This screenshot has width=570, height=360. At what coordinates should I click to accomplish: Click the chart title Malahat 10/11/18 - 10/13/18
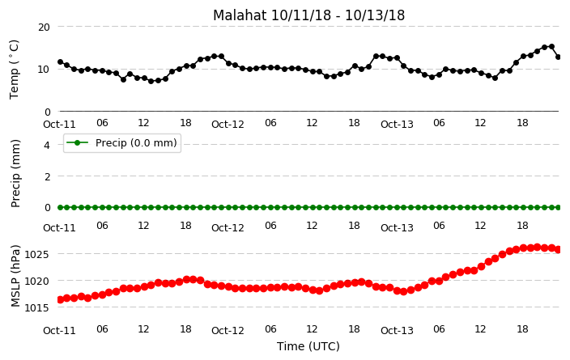(x=308, y=15)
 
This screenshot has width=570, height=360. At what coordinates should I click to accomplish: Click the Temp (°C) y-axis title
(x=14, y=70)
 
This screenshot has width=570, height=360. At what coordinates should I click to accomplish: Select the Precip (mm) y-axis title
(x=15, y=174)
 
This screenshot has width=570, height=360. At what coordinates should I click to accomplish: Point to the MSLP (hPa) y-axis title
(x=15, y=276)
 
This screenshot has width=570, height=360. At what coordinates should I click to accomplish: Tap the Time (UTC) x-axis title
(x=308, y=346)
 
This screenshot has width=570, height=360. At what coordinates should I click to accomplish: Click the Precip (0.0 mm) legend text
(x=136, y=142)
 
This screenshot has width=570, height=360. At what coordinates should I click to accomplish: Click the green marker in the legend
(x=77, y=142)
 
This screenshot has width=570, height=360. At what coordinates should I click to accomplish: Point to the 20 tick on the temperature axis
(x=44, y=28)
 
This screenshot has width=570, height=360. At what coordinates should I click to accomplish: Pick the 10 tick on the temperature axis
(x=44, y=70)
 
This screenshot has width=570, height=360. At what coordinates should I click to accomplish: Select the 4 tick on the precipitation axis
(x=47, y=146)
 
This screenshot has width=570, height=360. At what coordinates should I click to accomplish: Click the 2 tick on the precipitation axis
(x=47, y=176)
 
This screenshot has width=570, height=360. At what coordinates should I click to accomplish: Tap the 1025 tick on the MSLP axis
(x=36, y=254)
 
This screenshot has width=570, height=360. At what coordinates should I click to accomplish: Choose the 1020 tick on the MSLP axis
(x=36, y=282)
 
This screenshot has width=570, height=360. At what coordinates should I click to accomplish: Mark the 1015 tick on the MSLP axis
(x=36, y=308)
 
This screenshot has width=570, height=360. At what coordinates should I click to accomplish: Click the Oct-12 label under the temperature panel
(x=228, y=125)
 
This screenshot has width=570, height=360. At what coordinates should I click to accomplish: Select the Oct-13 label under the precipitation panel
(x=397, y=228)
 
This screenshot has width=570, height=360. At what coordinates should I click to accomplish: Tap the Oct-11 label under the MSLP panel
(x=59, y=331)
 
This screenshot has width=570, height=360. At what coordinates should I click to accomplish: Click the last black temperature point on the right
(x=559, y=57)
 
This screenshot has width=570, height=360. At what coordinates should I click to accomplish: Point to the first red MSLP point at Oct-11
(x=61, y=299)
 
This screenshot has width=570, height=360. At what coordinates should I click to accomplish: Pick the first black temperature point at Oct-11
(x=61, y=62)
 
